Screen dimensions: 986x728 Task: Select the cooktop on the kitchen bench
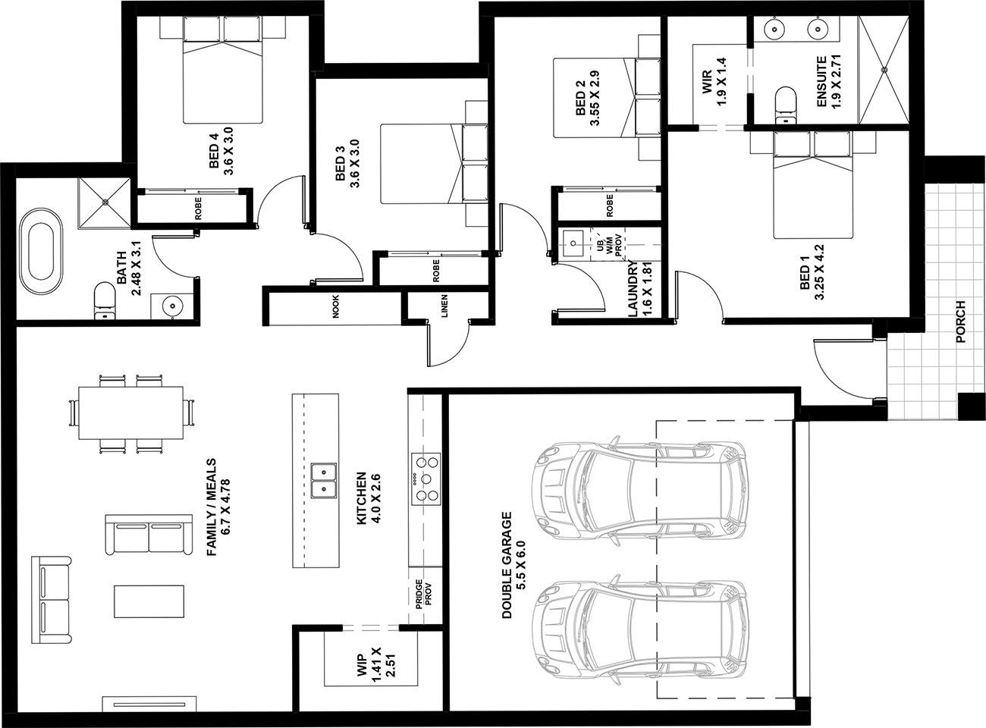[x=425, y=479]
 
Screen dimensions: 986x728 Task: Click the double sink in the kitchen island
[x=324, y=481]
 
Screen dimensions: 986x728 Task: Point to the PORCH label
[x=960, y=322]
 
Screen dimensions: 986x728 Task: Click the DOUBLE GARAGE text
[x=507, y=565]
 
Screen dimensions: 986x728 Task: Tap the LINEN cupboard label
[x=444, y=306]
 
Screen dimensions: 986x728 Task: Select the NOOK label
[x=336, y=306]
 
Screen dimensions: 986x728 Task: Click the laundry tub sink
[x=573, y=243]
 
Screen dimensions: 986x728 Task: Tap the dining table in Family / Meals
[x=131, y=413]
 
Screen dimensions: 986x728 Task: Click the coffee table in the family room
[x=149, y=601]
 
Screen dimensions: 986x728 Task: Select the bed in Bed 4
[x=223, y=70]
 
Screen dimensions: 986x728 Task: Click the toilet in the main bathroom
[x=105, y=300]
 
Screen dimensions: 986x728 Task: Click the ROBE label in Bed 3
[x=435, y=270]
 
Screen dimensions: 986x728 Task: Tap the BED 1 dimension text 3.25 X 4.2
[x=819, y=272]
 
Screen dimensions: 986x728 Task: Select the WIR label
[x=706, y=82]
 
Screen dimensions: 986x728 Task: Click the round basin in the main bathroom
[x=171, y=306]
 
